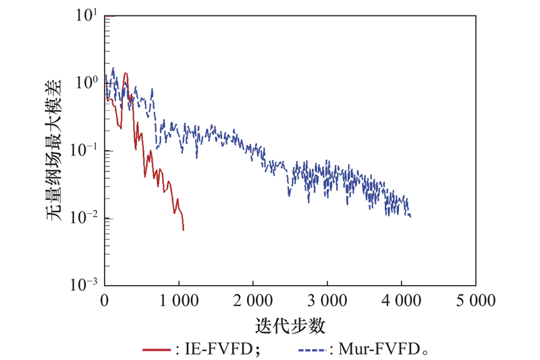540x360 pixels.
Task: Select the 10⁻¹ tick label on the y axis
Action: coord(86,151)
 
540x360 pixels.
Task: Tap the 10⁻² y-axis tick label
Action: coord(86,217)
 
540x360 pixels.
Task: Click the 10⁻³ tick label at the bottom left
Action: coord(86,284)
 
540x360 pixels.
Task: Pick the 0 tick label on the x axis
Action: coord(105,299)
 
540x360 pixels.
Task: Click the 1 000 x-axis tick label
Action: coord(178,299)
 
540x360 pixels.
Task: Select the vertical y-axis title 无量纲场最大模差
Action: coord(58,150)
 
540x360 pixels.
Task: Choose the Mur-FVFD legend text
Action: coord(382,350)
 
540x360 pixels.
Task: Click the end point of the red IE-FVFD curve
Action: coord(183,230)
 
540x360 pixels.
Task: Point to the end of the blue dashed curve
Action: coord(410,217)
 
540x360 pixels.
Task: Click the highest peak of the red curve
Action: coord(126,73)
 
